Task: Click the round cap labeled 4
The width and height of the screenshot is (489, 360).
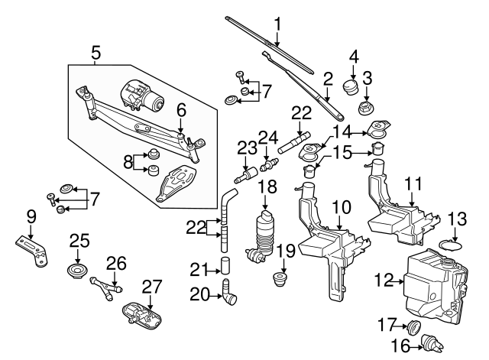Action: (x=351, y=84)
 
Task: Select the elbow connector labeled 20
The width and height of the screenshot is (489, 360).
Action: (x=228, y=293)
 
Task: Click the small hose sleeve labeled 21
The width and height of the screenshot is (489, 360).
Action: (x=226, y=266)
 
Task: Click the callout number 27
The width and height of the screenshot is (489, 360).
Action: (x=152, y=287)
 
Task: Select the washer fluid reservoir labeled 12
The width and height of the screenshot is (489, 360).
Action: (x=432, y=287)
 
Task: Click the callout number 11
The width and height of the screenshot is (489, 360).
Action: (x=413, y=183)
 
